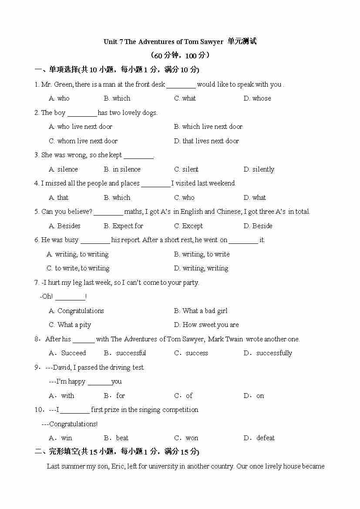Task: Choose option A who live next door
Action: pyautogui.click(x=81, y=127)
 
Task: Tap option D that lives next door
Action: pyautogui.click(x=206, y=141)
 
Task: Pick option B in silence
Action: pyautogui.click(x=122, y=169)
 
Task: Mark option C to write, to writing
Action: pyautogui.click(x=78, y=268)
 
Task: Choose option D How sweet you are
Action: pyautogui.click(x=206, y=325)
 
